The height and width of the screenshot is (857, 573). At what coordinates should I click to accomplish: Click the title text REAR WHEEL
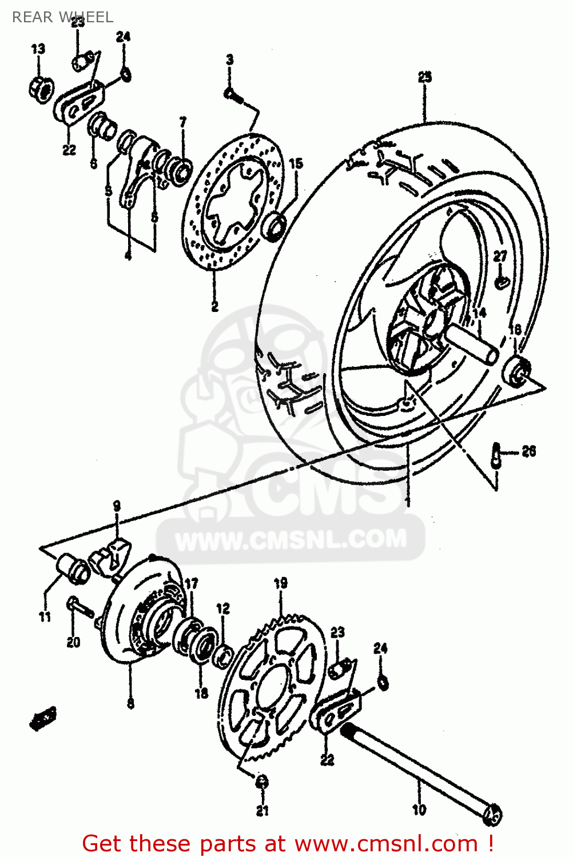point(62,17)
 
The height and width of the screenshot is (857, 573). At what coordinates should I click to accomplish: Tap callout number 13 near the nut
point(38,49)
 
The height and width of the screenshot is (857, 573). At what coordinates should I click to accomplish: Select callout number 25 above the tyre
point(424,77)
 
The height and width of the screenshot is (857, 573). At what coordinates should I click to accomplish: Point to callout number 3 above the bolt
point(229,59)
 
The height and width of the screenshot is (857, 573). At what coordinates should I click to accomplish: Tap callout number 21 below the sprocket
point(262,810)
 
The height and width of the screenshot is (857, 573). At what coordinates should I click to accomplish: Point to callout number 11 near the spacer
point(45,616)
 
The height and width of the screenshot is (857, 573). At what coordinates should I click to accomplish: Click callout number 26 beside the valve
point(529,451)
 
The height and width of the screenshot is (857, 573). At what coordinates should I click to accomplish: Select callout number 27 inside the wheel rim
point(500,256)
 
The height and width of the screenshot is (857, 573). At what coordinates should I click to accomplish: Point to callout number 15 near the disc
point(296,163)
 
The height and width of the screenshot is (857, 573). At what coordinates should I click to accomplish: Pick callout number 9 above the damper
point(117,506)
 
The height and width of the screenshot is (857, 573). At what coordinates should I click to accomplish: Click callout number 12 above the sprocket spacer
point(223,608)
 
